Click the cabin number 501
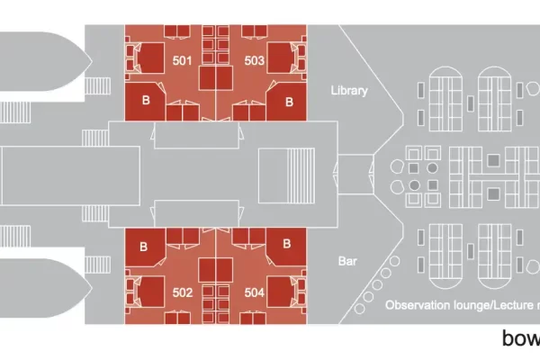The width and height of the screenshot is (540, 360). [x=182, y=60]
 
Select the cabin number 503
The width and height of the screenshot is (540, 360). [x=254, y=60]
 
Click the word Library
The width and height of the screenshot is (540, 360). [x=349, y=91]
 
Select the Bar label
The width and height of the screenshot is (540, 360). [x=348, y=261]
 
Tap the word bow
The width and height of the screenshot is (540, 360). [x=521, y=340]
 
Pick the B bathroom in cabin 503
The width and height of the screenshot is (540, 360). [x=289, y=102]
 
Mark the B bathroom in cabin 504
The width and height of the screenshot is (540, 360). [x=285, y=244]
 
